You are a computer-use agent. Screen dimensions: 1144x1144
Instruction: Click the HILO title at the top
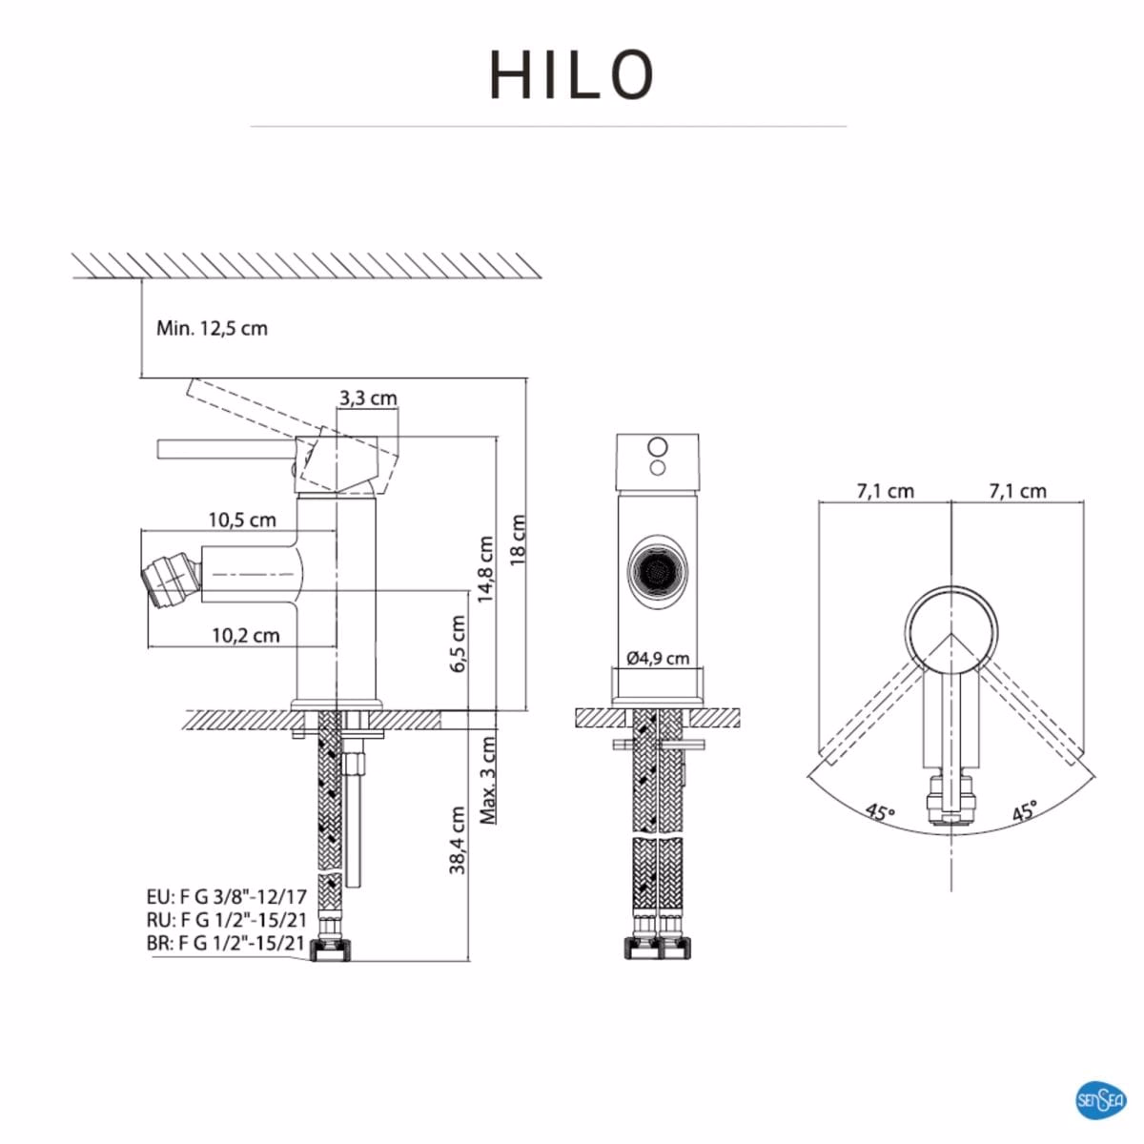click(572, 75)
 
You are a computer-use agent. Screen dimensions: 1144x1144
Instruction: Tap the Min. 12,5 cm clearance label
click(212, 329)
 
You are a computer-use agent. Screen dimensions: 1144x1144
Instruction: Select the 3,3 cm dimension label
click(368, 398)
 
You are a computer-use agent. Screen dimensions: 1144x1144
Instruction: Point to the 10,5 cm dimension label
click(242, 520)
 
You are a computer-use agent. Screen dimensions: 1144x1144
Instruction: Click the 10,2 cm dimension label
click(245, 635)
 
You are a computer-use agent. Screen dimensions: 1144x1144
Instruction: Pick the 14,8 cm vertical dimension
click(486, 569)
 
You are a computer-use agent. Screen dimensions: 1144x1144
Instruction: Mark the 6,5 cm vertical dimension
click(458, 644)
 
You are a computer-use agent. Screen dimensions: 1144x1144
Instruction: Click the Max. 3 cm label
click(488, 780)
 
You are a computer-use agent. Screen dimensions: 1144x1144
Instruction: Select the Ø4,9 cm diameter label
click(658, 658)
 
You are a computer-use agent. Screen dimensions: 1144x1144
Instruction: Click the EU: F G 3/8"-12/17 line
click(226, 897)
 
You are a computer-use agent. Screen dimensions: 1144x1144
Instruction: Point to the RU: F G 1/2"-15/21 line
click(226, 921)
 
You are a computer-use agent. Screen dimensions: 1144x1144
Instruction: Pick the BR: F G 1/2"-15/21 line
click(226, 944)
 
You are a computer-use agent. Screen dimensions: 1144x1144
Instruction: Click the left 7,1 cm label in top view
click(885, 492)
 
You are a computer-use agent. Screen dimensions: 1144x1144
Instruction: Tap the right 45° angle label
click(1025, 812)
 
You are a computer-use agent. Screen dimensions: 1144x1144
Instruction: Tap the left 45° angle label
click(880, 812)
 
